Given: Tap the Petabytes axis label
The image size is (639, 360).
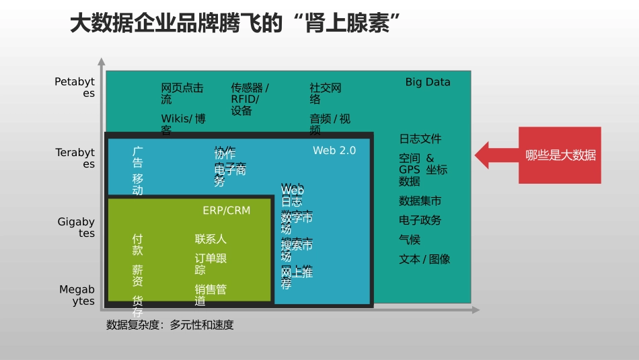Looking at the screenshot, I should (75, 87).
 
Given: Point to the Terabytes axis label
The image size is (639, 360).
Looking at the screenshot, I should (75, 158).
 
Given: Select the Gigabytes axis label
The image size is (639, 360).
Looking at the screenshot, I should (76, 227).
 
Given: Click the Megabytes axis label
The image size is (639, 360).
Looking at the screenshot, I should (77, 295).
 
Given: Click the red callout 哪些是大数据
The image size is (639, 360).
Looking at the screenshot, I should (560, 155).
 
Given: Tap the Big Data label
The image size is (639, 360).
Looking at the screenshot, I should (428, 82).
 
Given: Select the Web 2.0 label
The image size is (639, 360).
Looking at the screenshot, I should (334, 151).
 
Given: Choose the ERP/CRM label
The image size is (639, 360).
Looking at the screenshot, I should (226, 211).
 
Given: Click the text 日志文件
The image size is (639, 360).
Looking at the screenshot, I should (420, 139).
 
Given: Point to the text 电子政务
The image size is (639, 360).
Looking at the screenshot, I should (420, 220).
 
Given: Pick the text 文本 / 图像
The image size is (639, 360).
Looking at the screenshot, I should (424, 259).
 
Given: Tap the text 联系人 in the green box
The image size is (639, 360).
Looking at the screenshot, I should (211, 239).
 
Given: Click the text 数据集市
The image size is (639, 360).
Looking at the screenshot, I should (420, 201).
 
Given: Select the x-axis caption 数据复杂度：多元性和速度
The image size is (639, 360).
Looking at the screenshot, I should (170, 325).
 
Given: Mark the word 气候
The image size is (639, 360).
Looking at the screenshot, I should (410, 240).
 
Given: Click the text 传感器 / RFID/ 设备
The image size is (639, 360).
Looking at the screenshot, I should (250, 99).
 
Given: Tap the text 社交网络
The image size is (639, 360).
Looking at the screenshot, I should (326, 94).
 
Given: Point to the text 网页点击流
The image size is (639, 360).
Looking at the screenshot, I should (182, 94).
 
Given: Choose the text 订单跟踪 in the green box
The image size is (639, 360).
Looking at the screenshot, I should (211, 264).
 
